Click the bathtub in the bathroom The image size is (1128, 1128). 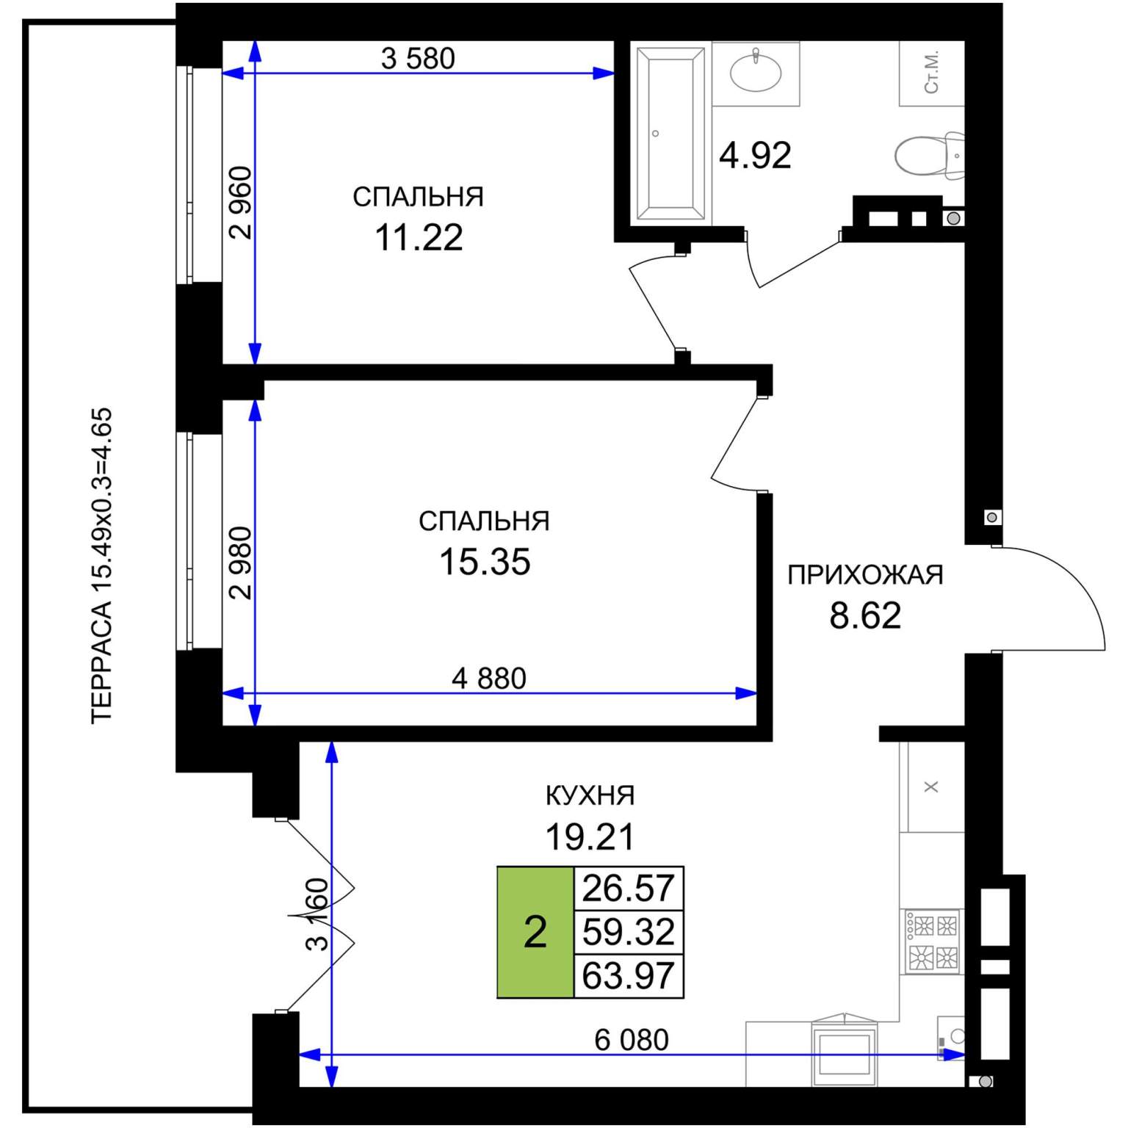pyautogui.click(x=670, y=134)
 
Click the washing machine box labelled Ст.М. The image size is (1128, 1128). pyautogui.click(x=932, y=73)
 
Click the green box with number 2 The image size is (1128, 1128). pyautogui.click(x=535, y=932)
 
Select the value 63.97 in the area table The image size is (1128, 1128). pyautogui.click(x=628, y=976)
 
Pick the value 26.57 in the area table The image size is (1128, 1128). pyautogui.click(x=628, y=889)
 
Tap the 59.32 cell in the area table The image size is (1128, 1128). pyautogui.click(x=628, y=932)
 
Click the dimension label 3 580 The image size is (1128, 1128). pyautogui.click(x=418, y=58)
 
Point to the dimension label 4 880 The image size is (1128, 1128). pyautogui.click(x=489, y=679)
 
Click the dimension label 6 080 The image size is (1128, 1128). pyautogui.click(x=632, y=1040)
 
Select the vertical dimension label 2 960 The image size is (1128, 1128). pyautogui.click(x=240, y=203)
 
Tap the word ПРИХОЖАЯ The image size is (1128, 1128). pyautogui.click(x=865, y=574)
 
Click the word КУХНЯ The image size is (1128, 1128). pyautogui.click(x=590, y=795)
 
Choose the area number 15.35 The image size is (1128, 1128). pyautogui.click(x=485, y=562)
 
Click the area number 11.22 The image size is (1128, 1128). pyautogui.click(x=419, y=237)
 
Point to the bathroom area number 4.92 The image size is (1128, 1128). pyautogui.click(x=755, y=155)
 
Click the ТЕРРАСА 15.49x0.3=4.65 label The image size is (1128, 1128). pyautogui.click(x=101, y=565)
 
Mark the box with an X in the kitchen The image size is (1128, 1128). pyautogui.click(x=932, y=787)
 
